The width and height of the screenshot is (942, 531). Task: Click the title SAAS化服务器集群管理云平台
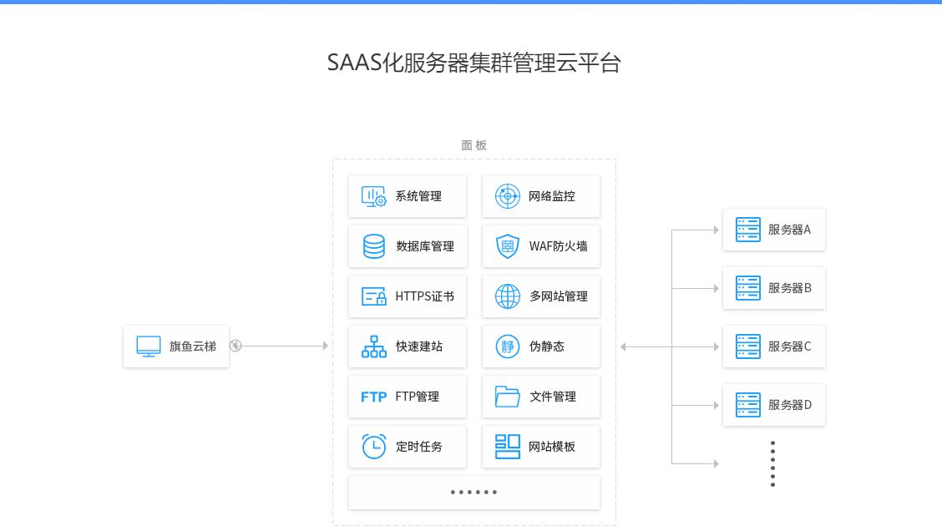474,63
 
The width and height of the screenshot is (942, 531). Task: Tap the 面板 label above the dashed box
474,145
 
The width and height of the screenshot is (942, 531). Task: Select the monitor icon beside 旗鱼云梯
149,346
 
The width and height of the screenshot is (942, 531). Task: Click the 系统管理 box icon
373,196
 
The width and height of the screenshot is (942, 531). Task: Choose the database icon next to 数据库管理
373,246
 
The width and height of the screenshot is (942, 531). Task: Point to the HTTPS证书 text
424,296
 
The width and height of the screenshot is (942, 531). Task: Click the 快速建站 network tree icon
373,346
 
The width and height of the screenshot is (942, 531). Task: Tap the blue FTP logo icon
373,397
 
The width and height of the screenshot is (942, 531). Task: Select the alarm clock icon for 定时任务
373,447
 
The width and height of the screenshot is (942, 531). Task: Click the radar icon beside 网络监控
508,196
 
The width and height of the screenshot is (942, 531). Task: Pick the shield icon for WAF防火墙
508,246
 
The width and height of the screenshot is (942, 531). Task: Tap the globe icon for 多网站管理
508,296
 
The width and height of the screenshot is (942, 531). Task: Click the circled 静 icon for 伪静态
508,346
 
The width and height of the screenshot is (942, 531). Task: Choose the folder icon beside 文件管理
508,397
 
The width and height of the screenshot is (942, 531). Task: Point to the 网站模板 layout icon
508,447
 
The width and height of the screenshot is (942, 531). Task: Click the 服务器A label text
789,230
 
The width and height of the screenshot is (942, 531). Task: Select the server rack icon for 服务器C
748,346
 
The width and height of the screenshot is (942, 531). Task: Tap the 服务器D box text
789,405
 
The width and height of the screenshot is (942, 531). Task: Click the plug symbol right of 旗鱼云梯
235,346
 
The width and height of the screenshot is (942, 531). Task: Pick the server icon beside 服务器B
748,288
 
